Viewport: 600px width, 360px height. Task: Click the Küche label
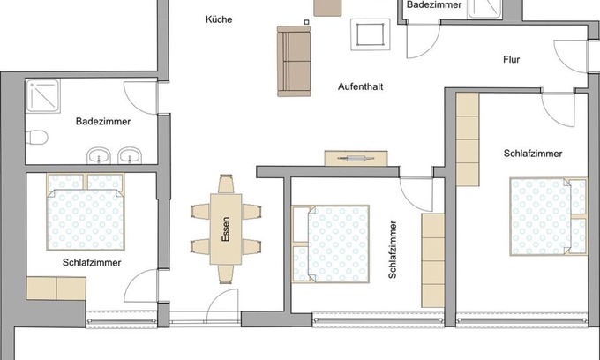pyautogui.click(x=219, y=19)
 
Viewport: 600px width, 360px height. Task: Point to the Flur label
pyautogui.click(x=511, y=61)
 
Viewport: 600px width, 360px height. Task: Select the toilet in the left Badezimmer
pyautogui.click(x=36, y=138)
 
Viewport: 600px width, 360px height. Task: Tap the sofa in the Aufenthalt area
pyautogui.click(x=294, y=61)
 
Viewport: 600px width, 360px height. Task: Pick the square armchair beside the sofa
pyautogui.click(x=371, y=36)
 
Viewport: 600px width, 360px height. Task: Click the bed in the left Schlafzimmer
pyautogui.click(x=86, y=213)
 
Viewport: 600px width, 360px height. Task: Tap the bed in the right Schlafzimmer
pyautogui.click(x=546, y=216)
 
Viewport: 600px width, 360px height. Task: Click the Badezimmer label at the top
pyautogui.click(x=434, y=5)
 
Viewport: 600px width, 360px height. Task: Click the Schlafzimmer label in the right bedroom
pyautogui.click(x=533, y=153)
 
